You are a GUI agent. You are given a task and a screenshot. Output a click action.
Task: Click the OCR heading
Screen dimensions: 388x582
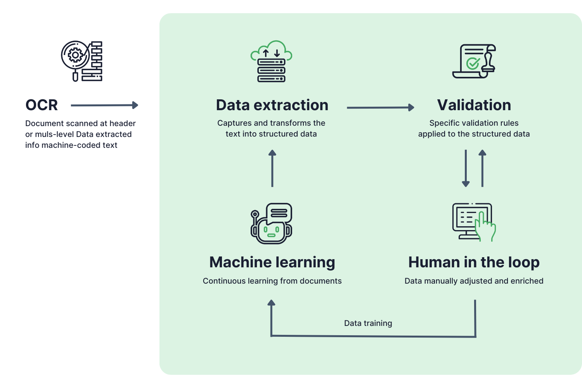tap(42, 105)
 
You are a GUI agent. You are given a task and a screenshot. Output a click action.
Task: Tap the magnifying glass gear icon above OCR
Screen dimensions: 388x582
tap(81, 61)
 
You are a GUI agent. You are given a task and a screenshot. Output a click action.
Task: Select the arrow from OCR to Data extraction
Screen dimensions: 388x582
tap(104, 105)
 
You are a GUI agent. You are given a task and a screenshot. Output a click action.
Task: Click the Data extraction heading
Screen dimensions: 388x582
tap(272, 105)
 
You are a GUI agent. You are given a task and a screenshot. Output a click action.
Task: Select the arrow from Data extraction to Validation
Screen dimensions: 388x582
tap(380, 107)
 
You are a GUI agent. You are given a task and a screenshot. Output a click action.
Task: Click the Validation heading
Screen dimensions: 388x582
tap(474, 105)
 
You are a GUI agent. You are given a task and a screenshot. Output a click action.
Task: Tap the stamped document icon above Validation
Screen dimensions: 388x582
tap(474, 61)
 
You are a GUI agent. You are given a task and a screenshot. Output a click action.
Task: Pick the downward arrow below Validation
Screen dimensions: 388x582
tap(466, 168)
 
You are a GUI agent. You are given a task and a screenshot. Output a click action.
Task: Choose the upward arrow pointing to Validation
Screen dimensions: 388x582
tap(482, 168)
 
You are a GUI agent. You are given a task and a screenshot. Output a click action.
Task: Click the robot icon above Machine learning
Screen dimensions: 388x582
tap(271, 223)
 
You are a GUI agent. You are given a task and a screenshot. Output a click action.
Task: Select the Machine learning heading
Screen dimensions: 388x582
tap(272, 262)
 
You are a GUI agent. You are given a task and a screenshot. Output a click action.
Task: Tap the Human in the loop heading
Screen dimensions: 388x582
tap(474, 262)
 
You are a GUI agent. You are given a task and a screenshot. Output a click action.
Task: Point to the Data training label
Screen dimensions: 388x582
tap(368, 323)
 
